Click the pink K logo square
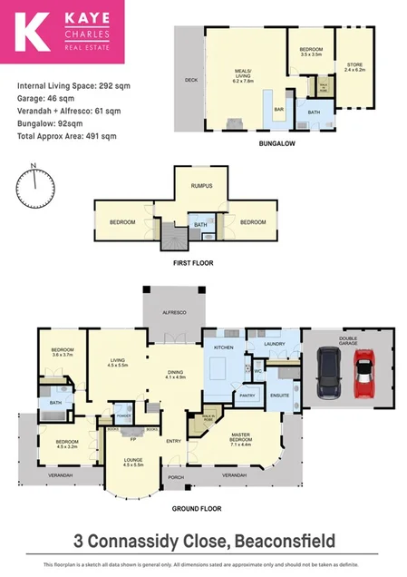[x=33, y=34]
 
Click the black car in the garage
[x=328, y=374]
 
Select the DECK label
[x=191, y=80]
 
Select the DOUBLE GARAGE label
[x=349, y=343]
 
